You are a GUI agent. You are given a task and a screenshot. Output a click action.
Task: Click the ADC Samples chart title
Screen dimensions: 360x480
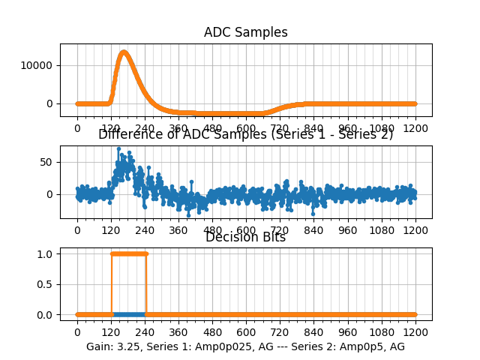click(245, 32)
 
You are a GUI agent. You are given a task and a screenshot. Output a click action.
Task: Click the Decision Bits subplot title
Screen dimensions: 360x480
click(245, 238)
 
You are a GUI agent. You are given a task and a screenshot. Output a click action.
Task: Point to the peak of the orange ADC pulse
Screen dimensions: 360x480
click(124, 52)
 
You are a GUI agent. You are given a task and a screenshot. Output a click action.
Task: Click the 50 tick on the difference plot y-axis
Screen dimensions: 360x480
click(46, 162)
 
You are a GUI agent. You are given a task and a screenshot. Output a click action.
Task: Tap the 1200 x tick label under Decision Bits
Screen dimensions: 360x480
click(415, 332)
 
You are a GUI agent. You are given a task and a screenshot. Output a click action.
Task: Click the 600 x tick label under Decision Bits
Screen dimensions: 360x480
click(246, 332)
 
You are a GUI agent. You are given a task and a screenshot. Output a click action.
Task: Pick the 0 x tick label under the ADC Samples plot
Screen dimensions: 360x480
click(76, 128)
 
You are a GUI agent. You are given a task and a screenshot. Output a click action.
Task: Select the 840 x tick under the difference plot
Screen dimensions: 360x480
click(313, 230)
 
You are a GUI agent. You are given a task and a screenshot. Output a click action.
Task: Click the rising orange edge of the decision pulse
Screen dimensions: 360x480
click(111, 285)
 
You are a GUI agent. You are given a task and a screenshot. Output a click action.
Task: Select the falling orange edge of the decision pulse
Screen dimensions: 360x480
click(145, 285)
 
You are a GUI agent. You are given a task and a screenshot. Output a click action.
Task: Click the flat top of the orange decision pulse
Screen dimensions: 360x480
click(128, 253)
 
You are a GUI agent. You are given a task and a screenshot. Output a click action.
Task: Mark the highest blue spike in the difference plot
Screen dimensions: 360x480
click(118, 149)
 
